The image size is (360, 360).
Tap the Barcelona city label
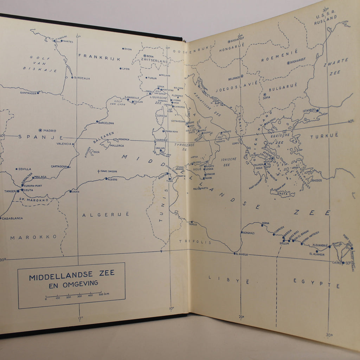106,123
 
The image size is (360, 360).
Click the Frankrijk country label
99,56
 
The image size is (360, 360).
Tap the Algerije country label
101,214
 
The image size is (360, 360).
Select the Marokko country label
33,237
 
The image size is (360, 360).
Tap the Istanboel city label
310,110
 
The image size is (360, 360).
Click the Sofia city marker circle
264,94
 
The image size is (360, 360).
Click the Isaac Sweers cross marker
99,172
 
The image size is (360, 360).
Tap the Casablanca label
13,218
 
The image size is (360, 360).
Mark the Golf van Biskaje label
35,64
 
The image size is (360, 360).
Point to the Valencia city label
64,144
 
